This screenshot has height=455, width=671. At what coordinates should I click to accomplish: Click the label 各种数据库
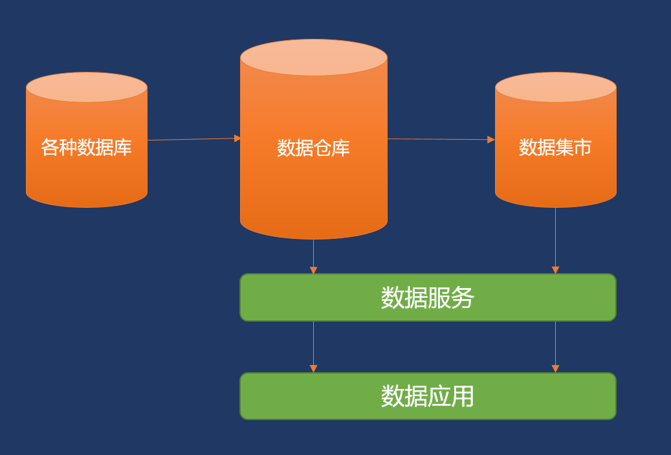tap(86, 148)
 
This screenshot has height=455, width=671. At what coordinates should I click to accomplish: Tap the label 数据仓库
tap(313, 148)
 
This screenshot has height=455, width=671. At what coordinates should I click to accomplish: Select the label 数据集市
tap(555, 148)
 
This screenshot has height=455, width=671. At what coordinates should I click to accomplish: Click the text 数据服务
tap(428, 298)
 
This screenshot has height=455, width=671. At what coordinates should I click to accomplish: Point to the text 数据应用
tap(428, 396)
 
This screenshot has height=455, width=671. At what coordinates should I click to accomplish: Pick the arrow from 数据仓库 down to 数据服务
tap(313, 256)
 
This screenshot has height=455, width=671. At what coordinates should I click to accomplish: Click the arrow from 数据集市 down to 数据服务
tap(555, 239)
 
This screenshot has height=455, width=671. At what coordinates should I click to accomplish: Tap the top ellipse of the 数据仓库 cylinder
tap(313, 57)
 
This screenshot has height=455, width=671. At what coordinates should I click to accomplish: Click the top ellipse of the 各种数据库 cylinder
tap(86, 87)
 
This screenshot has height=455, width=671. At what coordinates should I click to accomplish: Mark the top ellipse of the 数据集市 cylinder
tap(555, 87)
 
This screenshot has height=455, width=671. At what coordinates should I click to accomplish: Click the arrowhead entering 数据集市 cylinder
tap(491, 140)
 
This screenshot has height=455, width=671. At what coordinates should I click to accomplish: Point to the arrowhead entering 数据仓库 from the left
tap(237, 139)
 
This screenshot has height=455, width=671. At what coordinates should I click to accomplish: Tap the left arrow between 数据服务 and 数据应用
tap(313, 346)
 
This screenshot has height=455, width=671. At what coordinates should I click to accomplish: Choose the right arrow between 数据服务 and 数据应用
tap(555, 346)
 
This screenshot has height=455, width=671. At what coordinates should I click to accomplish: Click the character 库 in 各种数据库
tap(123, 148)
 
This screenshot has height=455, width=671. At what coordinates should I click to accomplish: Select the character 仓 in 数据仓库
tap(323, 148)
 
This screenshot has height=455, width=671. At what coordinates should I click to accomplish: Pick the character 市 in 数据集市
tap(582, 148)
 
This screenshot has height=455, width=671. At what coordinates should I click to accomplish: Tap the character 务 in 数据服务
tap(463, 298)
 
